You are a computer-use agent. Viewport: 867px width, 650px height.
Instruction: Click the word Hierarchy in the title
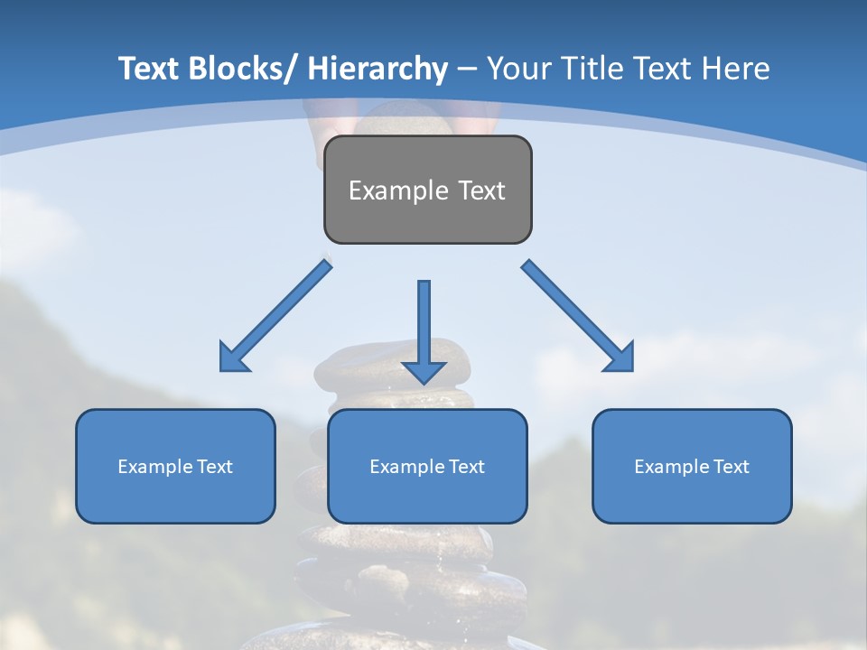tap(378, 69)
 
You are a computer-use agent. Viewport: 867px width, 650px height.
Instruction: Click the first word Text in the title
tap(149, 69)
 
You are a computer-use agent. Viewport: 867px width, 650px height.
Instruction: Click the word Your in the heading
tap(518, 69)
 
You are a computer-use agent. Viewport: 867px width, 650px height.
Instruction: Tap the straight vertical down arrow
tap(424, 325)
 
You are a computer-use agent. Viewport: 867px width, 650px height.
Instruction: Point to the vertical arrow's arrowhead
tap(424, 371)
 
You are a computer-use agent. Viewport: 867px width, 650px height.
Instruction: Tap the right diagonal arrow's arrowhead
tap(620, 358)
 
